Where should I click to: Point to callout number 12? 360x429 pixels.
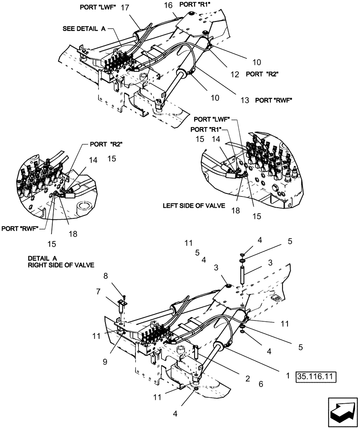coord(234,74)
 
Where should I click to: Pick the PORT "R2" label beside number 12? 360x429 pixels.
coord(262,74)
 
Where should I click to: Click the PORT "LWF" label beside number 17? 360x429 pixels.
coord(98,8)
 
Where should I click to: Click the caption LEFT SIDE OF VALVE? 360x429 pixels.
coord(194,205)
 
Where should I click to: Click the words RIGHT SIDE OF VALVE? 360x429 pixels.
coord(60,266)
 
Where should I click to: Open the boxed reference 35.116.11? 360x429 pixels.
coord(315,378)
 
